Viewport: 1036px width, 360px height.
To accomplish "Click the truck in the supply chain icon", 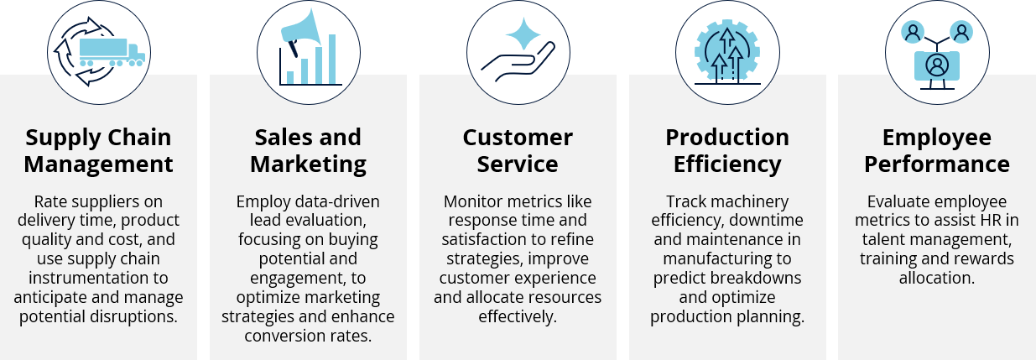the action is coord(112,52).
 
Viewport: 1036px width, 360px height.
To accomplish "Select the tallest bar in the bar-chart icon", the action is coord(332,60).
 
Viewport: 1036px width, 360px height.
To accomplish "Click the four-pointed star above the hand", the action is coord(523,34).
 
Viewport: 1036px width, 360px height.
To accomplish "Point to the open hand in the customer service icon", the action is coord(518,61).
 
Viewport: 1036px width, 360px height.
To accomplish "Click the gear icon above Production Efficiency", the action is coord(727,51).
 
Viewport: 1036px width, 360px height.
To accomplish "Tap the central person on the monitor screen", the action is coord(937,66).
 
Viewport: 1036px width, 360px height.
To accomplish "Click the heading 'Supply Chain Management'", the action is coord(98,150).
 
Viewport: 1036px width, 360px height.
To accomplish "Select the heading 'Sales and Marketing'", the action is coord(308,151).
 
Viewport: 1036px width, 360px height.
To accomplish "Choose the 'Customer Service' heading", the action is coord(518,150).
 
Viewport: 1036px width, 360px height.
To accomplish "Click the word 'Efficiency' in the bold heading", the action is coord(727,164).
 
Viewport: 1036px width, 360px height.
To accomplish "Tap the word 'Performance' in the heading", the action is coord(937,164).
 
